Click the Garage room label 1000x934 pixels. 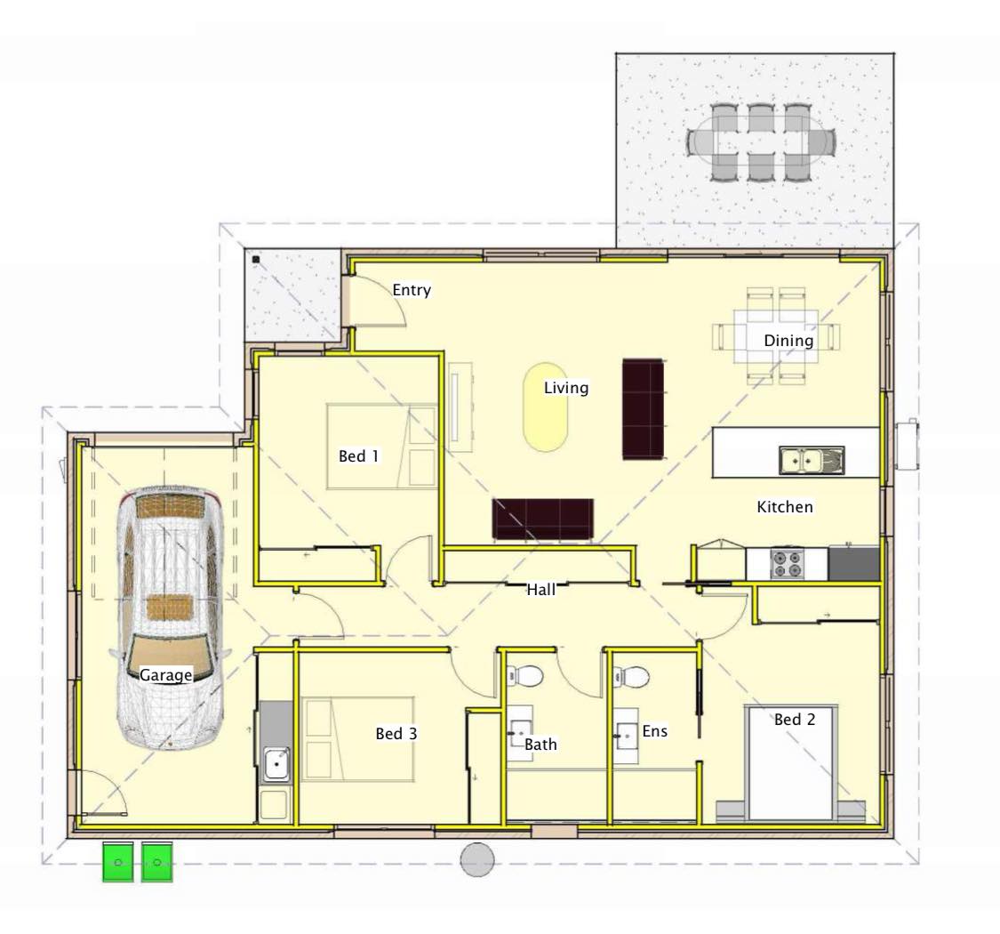166,675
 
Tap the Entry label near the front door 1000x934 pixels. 412,290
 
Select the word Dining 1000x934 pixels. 788,341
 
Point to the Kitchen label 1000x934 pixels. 784,507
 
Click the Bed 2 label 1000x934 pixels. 795,720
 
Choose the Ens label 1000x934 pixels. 654,731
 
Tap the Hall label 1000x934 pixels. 540,590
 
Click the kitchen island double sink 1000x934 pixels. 812,460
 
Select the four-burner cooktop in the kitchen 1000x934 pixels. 787,564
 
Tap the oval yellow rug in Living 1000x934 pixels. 545,407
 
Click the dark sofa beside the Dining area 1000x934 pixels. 643,409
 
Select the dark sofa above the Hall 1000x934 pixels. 543,519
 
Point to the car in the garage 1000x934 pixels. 169,616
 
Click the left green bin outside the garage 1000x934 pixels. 118,862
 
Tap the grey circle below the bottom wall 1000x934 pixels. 477,859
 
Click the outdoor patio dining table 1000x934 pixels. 760,141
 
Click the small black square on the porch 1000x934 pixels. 256,259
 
